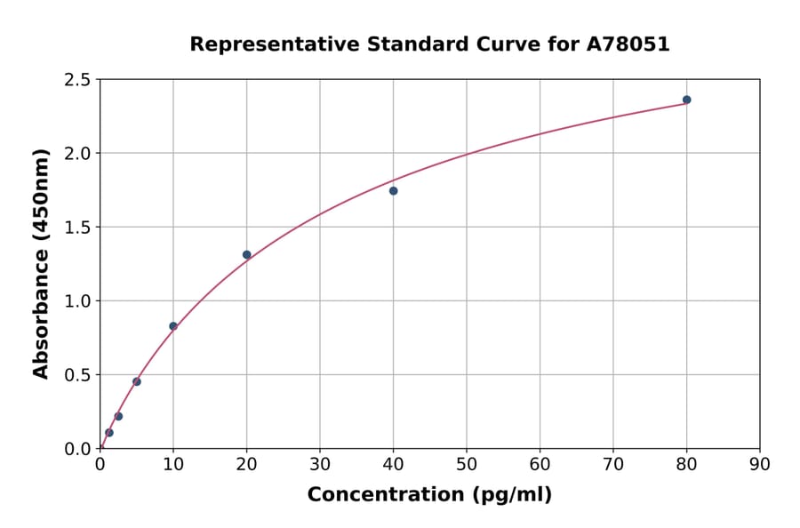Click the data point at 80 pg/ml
pyautogui.click(x=686, y=100)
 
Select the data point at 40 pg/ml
pyautogui.click(x=393, y=191)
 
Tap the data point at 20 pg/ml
pyautogui.click(x=247, y=255)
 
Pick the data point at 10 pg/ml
pyautogui.click(x=173, y=326)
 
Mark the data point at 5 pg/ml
pyautogui.click(x=137, y=381)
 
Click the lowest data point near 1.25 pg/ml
pyautogui.click(x=109, y=433)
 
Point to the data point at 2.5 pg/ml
pyautogui.click(x=118, y=416)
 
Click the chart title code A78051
pyautogui.click(x=628, y=44)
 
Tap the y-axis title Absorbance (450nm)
pyautogui.click(x=41, y=264)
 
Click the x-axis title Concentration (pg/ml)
pyautogui.click(x=429, y=495)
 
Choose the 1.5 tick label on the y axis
pyautogui.click(x=76, y=228)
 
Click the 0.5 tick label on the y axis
pyautogui.click(x=76, y=375)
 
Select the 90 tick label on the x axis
pyautogui.click(x=760, y=464)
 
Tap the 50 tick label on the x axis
pyautogui.click(x=467, y=464)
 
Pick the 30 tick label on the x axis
pyautogui.click(x=320, y=464)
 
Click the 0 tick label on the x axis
pyautogui.click(x=100, y=464)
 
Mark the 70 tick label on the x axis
pyautogui.click(x=613, y=464)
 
